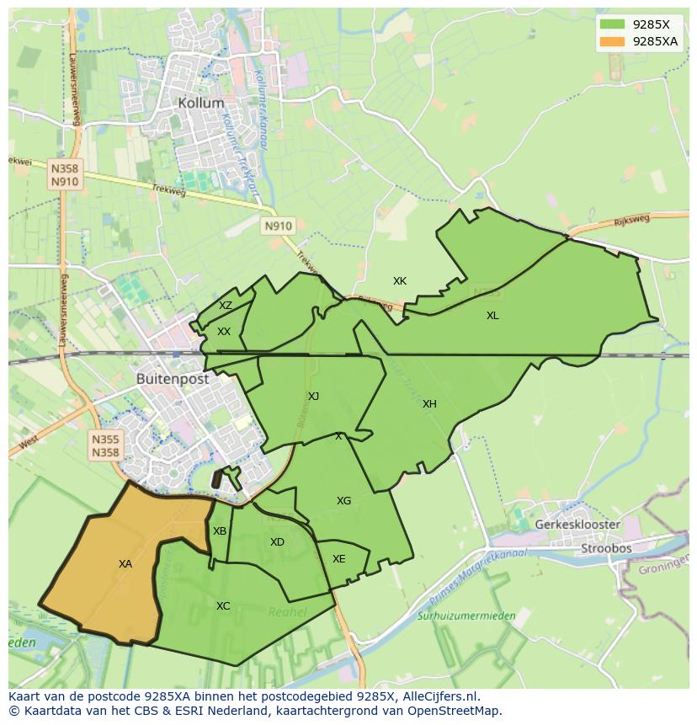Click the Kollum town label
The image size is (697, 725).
point(201,103)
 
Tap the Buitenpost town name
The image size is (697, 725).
point(173,379)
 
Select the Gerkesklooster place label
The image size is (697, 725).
point(577,525)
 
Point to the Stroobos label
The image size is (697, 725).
point(606,548)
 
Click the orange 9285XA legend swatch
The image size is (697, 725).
point(613,41)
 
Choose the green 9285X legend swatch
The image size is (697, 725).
point(613,24)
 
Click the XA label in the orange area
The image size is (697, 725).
point(125,564)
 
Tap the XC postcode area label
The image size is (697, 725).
point(223,606)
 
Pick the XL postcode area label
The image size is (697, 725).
point(492,316)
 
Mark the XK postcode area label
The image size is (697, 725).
point(400,281)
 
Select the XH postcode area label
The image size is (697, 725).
point(429,404)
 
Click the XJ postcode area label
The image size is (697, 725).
point(313,397)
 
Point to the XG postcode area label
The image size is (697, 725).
point(343,501)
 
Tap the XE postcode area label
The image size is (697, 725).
point(338,559)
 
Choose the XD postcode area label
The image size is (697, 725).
point(277,542)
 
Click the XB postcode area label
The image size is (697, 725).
point(220,531)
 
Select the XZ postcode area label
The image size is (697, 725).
point(226,306)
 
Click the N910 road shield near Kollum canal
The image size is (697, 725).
point(278,226)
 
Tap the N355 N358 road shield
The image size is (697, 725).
point(106,445)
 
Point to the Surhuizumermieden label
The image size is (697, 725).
point(466,616)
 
